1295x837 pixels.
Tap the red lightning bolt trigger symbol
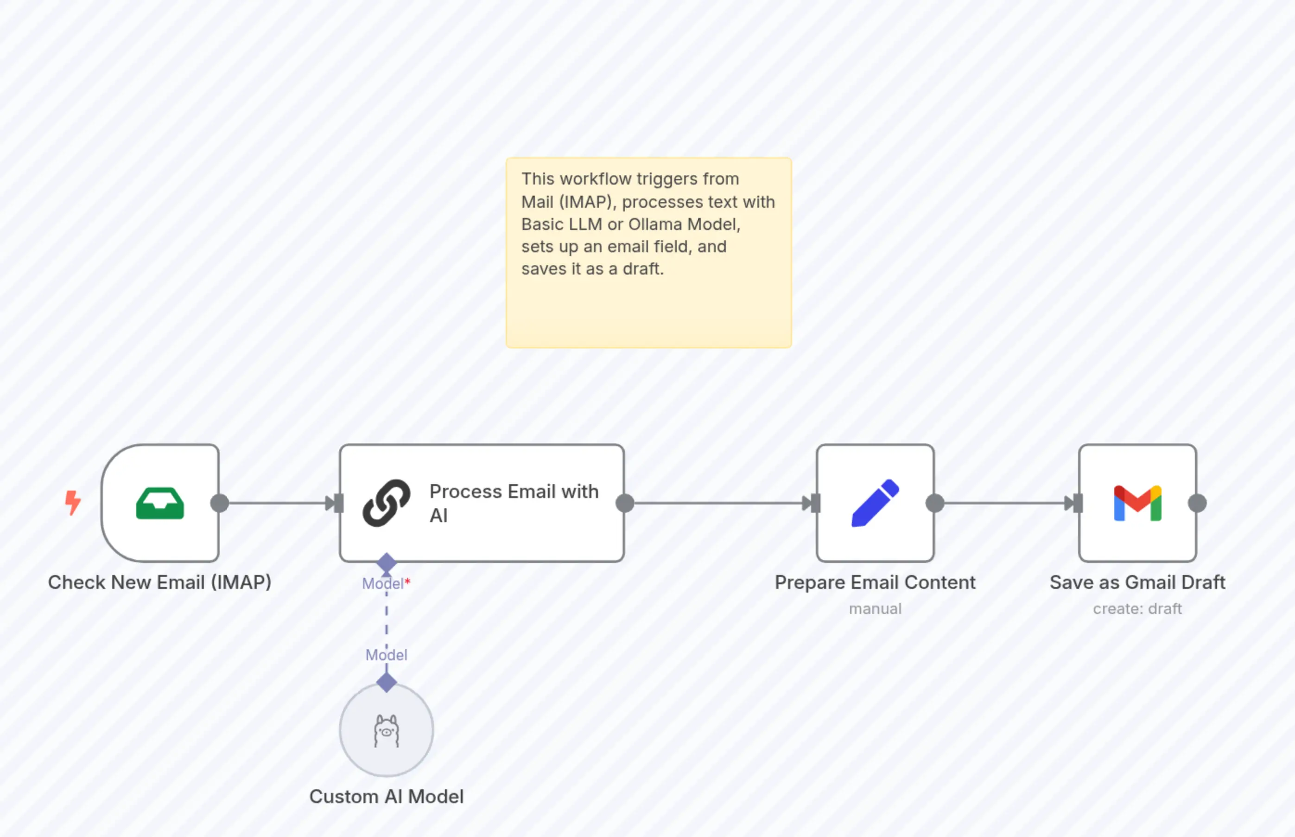tap(73, 503)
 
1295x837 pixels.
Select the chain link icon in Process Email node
tap(386, 503)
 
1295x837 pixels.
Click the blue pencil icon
tap(875, 503)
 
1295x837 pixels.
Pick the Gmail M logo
tap(1137, 503)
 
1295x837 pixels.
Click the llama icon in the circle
tap(386, 731)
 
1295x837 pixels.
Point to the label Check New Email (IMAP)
tap(160, 582)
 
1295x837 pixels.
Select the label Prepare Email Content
tap(875, 582)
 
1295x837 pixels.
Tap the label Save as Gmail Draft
tap(1137, 582)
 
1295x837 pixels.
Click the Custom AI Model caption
tap(386, 796)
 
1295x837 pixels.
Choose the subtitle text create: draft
tap(1137, 609)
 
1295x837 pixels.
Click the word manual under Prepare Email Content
tap(875, 609)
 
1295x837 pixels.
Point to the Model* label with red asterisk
tap(386, 584)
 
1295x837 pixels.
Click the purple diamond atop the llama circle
tap(386, 682)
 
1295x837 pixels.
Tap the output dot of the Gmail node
tap(1197, 503)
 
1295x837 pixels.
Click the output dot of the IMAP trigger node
tap(219, 503)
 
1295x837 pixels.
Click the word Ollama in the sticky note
tap(656, 224)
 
